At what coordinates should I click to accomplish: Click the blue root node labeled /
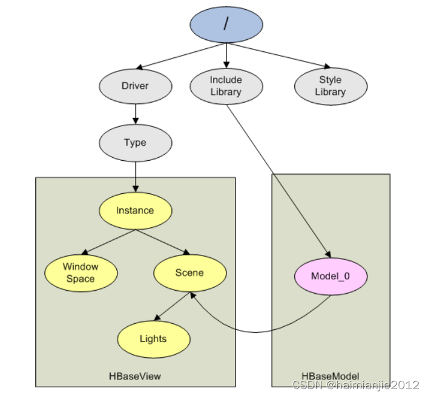[x=226, y=24]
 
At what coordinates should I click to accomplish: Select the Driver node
[x=134, y=86]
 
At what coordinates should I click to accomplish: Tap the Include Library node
[x=226, y=86]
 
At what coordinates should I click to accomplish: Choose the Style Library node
[x=331, y=86]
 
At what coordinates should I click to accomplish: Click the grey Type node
[x=134, y=143]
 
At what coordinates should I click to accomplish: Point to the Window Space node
[x=81, y=273]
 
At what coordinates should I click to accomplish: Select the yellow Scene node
[x=189, y=273]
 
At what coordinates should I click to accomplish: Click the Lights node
[x=153, y=338]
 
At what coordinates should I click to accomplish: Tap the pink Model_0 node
[x=331, y=276]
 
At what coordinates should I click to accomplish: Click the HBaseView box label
[x=135, y=376]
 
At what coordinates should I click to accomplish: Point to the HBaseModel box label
[x=330, y=376]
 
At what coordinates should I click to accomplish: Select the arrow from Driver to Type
[x=135, y=112]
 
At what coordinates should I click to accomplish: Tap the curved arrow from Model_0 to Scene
[x=254, y=332]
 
